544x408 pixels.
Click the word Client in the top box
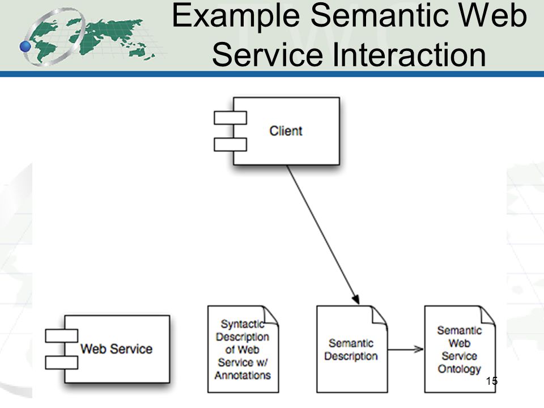pyautogui.click(x=286, y=131)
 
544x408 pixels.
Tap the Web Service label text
pyautogui.click(x=117, y=348)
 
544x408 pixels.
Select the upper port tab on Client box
pyautogui.click(x=231, y=118)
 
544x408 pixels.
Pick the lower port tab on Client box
pyautogui.click(x=231, y=144)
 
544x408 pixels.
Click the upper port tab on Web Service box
pyautogui.click(x=61, y=336)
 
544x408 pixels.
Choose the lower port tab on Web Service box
pyautogui.click(x=61, y=363)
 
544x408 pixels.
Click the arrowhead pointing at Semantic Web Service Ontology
pyautogui.click(x=418, y=350)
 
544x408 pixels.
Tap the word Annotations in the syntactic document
pyautogui.click(x=243, y=375)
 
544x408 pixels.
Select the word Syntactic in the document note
pyautogui.click(x=243, y=324)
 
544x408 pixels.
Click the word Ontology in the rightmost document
pyautogui.click(x=460, y=369)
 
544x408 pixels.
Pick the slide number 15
pyautogui.click(x=492, y=381)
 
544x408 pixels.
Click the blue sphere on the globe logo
pyautogui.click(x=25, y=46)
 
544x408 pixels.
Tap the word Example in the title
pyautogui.click(x=236, y=16)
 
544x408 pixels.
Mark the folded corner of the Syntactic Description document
pyautogui.click(x=271, y=316)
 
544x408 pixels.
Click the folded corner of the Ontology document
pyautogui.click(x=487, y=316)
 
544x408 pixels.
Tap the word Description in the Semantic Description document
pyautogui.click(x=351, y=356)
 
